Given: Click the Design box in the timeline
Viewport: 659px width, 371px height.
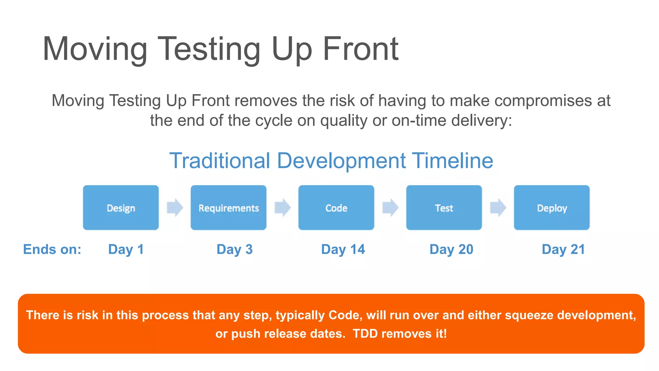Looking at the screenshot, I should pyautogui.click(x=121, y=207).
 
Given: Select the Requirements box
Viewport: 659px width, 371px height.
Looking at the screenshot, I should pyautogui.click(x=228, y=207).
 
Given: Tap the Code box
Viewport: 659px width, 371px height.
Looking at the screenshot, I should pyautogui.click(x=336, y=207).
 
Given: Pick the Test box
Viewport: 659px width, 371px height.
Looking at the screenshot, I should pyautogui.click(x=444, y=207).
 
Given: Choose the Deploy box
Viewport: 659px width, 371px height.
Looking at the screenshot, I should pyautogui.click(x=552, y=207).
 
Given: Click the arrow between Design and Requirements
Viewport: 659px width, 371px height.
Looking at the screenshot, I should pyautogui.click(x=175, y=207).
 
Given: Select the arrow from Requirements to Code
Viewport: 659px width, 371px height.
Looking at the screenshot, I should pyautogui.click(x=283, y=207).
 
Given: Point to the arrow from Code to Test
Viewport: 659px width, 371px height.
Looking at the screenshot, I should pyautogui.click(x=390, y=207).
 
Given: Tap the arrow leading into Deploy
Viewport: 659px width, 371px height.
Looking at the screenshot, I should pyautogui.click(x=498, y=207).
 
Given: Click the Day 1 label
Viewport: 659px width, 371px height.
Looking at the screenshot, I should pyautogui.click(x=126, y=250).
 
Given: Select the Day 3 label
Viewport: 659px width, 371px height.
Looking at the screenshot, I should pyautogui.click(x=235, y=250).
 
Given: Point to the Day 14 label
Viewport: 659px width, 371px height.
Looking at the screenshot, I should pyautogui.click(x=343, y=250).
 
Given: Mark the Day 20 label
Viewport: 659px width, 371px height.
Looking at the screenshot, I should pyautogui.click(x=451, y=250).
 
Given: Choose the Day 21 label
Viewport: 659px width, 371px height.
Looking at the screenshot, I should pyautogui.click(x=563, y=250).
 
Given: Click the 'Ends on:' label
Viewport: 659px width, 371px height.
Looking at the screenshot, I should pyautogui.click(x=52, y=250).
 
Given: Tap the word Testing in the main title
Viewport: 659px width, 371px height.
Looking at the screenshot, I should pyautogui.click(x=209, y=49).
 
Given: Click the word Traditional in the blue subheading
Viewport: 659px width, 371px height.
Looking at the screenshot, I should pyautogui.click(x=220, y=161).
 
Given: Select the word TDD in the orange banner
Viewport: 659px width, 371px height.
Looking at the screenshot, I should pyautogui.click(x=365, y=334).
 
